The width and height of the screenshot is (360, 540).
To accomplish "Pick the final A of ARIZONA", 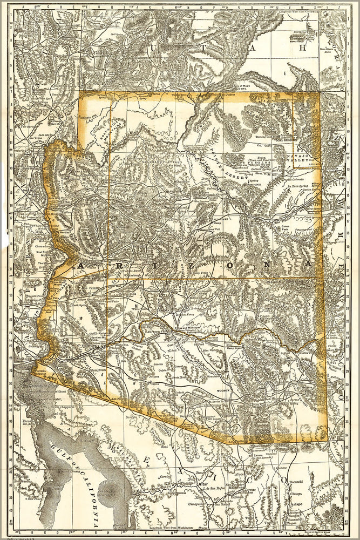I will [308, 264].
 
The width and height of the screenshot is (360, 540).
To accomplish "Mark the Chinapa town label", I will [296, 493].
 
